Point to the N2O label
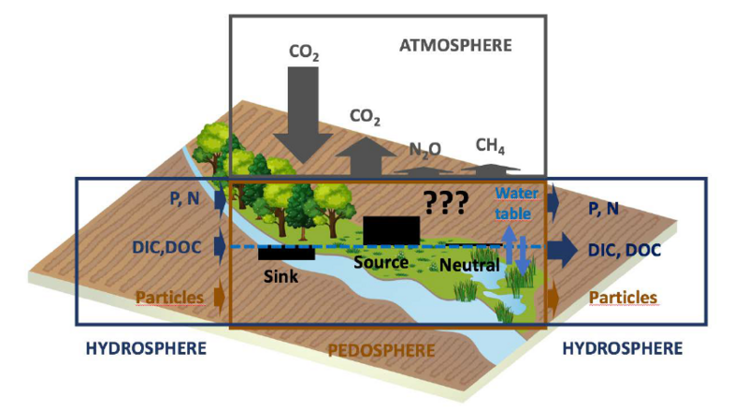pyautogui.click(x=424, y=149)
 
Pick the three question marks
pyautogui.click(x=444, y=202)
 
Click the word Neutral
pyautogui.click(x=469, y=266)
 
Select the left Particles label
pyautogui.click(x=171, y=298)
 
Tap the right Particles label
pyautogui.click(x=623, y=298)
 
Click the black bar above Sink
pyautogui.click(x=286, y=253)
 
